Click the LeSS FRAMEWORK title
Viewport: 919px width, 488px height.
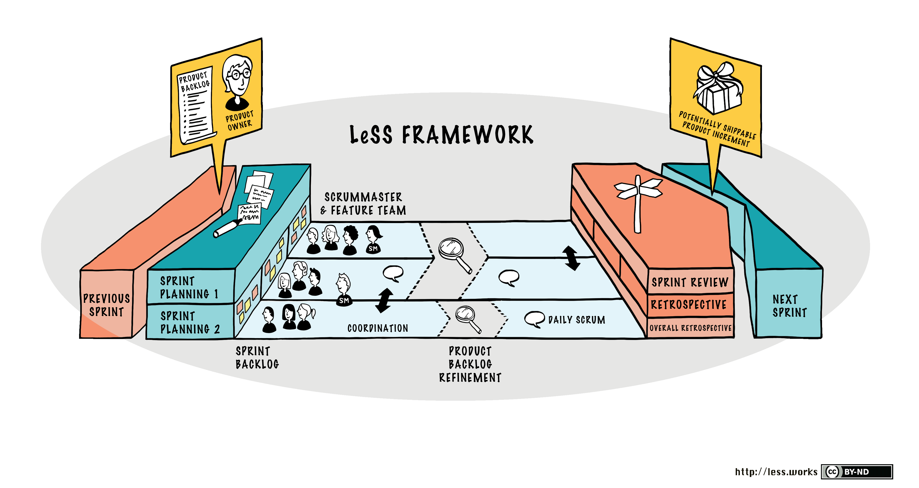tap(441, 135)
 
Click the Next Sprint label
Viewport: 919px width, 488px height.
tap(789, 306)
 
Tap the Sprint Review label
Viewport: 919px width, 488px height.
tap(690, 282)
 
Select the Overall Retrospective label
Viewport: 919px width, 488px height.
tap(690, 328)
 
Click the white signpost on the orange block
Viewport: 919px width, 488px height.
tap(638, 200)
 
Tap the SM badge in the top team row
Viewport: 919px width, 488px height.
tap(373, 248)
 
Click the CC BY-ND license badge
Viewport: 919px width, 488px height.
tap(856, 471)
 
